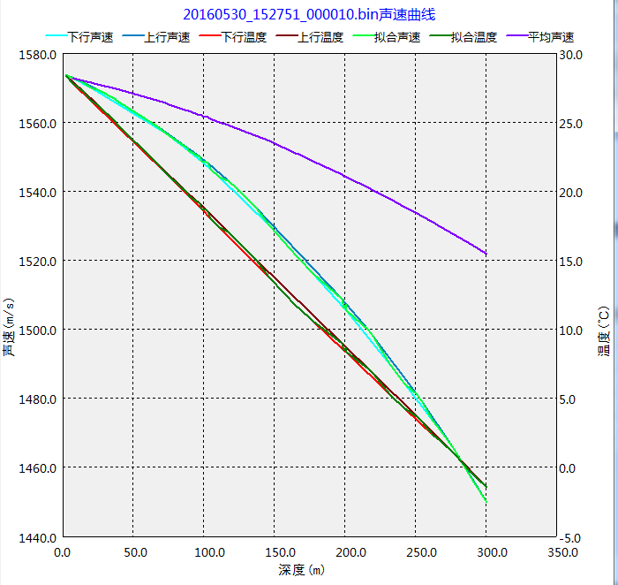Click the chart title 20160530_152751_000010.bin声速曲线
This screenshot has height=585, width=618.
coord(309,14)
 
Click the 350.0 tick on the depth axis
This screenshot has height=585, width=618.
coord(556,552)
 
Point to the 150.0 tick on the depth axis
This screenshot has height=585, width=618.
coord(274,552)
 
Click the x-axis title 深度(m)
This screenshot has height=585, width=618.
coord(301,570)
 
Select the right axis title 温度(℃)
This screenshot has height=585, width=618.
coord(604,331)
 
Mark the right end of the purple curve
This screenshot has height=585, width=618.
coord(486,254)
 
